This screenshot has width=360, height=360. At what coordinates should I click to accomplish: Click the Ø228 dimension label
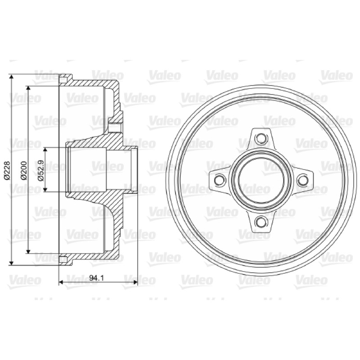click(x=7, y=170)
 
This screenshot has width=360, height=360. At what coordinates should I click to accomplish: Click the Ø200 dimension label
click(x=24, y=171)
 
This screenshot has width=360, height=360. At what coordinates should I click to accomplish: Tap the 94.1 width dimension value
click(x=97, y=278)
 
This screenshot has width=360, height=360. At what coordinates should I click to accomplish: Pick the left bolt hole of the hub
click(x=220, y=180)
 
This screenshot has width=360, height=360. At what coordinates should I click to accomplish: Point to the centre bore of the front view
click(x=261, y=180)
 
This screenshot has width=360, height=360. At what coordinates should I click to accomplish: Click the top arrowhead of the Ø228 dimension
click(x=11, y=76)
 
